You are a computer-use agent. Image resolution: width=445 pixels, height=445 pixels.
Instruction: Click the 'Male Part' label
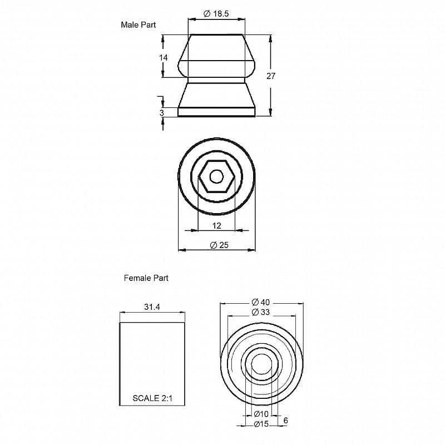point(138,25)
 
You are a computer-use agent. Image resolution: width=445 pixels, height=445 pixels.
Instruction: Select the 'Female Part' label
point(146,278)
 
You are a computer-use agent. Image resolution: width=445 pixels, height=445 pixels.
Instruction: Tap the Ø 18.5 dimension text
point(216,13)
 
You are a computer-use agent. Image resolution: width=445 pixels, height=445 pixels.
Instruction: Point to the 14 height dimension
point(163,58)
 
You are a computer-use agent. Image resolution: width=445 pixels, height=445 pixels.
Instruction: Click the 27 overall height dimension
point(271,76)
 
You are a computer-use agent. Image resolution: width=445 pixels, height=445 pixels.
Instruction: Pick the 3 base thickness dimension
point(162,113)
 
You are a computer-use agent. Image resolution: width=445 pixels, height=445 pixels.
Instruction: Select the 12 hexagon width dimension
point(216,226)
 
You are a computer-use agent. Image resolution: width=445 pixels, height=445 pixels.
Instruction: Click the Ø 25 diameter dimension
point(219,245)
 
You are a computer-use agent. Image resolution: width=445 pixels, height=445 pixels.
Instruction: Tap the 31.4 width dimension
point(152,307)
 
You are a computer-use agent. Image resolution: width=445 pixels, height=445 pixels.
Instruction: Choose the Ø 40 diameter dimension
point(260,302)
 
